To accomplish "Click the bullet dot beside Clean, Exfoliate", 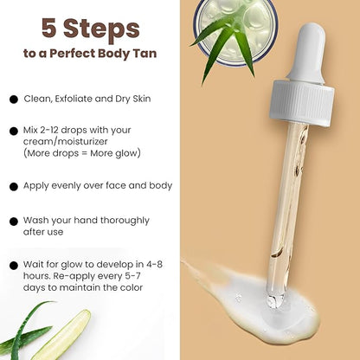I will [x=14, y=100].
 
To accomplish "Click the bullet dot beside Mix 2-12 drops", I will [x=14, y=132].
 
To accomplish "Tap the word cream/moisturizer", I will [x=67, y=142].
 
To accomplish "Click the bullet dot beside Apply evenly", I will [x=14, y=186].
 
